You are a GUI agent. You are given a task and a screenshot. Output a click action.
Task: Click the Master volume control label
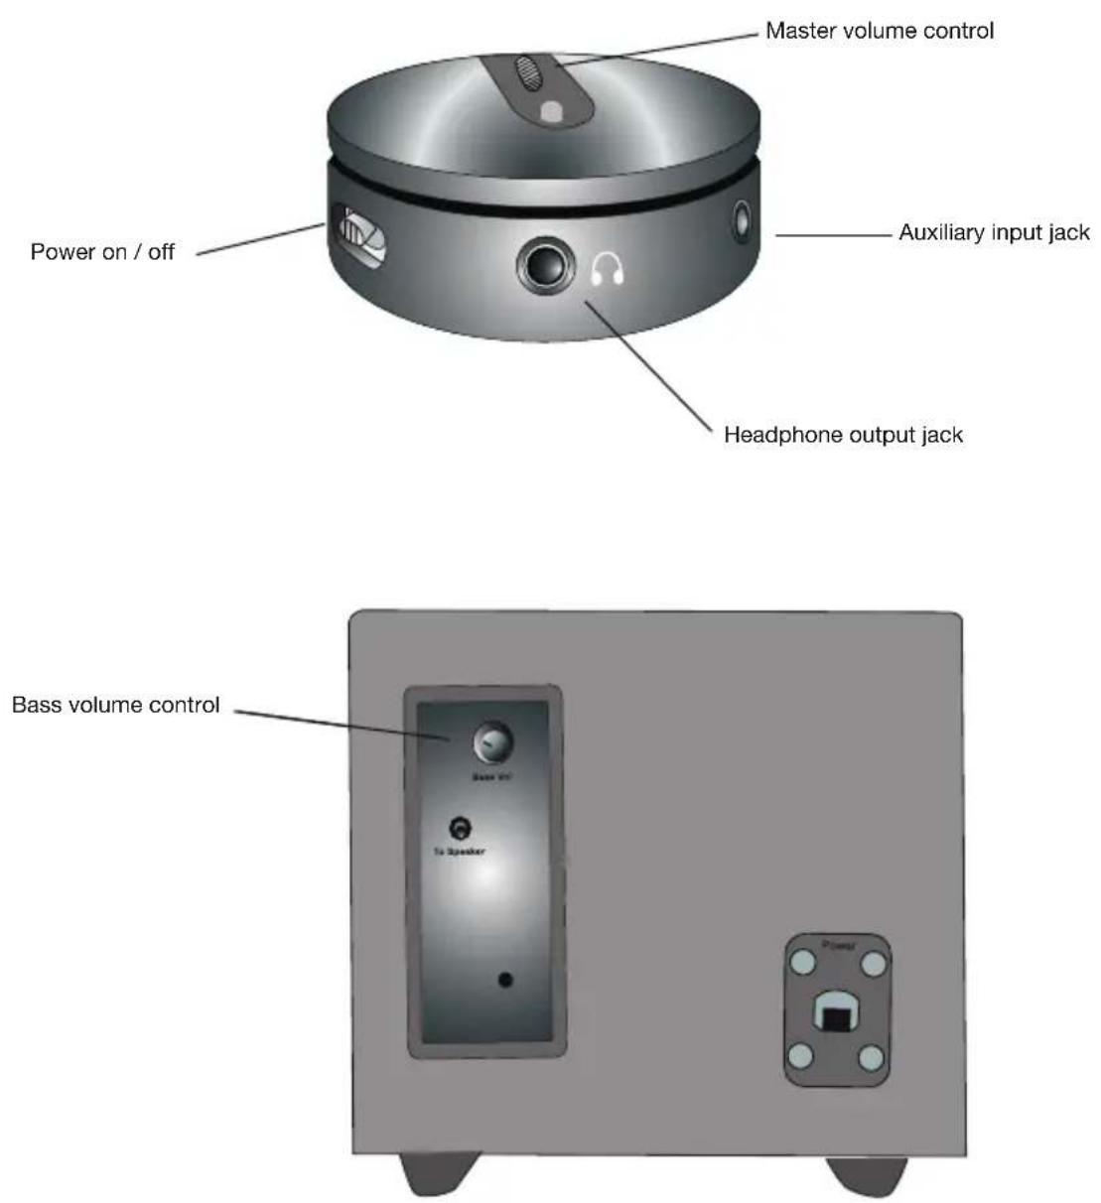[x=879, y=31]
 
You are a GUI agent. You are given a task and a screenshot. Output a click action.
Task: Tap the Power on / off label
[x=102, y=252]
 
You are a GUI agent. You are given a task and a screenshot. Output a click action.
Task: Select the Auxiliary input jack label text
[x=994, y=232]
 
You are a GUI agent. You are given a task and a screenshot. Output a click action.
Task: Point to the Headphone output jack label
[x=843, y=435]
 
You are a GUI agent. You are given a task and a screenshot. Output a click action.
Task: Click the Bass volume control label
[x=115, y=705]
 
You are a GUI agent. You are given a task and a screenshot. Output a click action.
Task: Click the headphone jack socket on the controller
[x=546, y=266]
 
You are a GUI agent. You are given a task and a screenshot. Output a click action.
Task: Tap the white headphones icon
[x=607, y=269]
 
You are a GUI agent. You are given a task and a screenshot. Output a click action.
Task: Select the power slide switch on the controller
[x=355, y=234]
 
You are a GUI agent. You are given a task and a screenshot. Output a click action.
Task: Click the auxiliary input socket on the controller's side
[x=742, y=219]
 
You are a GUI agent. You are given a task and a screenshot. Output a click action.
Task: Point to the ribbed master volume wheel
[x=527, y=73]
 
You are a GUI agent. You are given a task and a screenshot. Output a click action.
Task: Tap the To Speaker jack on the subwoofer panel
[x=460, y=828]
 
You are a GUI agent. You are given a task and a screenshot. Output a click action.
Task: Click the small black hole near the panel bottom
[x=505, y=980]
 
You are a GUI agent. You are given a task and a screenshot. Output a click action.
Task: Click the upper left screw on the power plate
[x=802, y=963]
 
